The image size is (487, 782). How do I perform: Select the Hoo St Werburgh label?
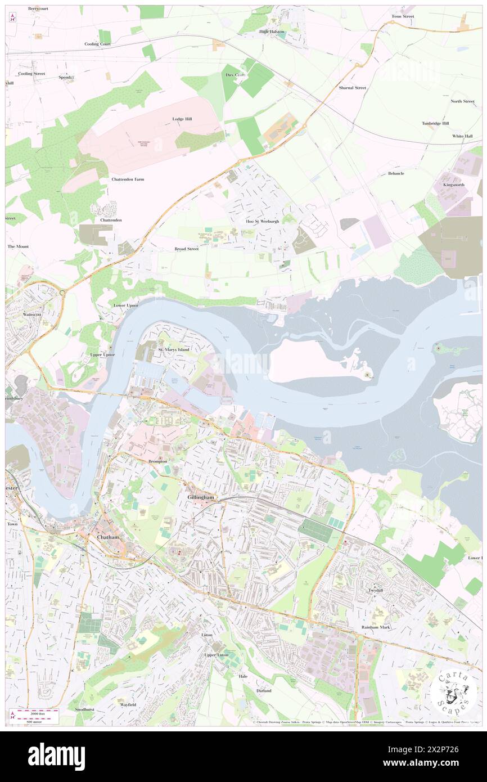coord(263,221)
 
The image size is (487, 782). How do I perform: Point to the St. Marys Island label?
coord(173,349)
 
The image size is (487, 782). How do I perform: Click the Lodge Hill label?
coord(182,119)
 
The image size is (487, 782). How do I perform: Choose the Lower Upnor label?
coord(125,305)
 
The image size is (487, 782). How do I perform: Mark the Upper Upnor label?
coord(102,355)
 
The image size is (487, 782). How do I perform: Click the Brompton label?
coord(158,461)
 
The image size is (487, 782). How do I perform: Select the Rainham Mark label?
coord(376,627)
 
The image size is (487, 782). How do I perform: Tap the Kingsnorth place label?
coord(454,185)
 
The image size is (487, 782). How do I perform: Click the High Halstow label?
coord(272,32)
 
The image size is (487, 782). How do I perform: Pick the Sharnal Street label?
coord(353,88)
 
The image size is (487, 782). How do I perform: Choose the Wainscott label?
coord(33,314)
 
